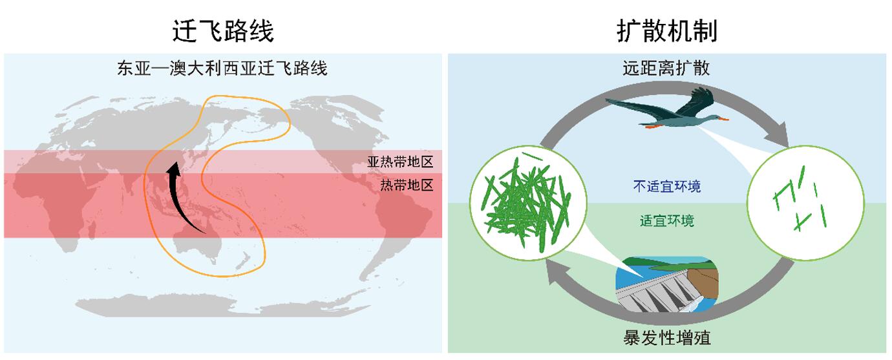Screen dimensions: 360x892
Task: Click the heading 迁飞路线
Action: (223, 30)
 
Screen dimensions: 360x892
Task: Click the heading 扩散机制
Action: (666, 30)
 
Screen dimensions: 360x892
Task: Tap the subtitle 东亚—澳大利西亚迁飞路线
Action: (222, 68)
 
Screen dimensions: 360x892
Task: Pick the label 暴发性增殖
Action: (668, 337)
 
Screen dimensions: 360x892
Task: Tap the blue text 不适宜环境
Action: (666, 187)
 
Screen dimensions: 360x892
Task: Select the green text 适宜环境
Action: (667, 221)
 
